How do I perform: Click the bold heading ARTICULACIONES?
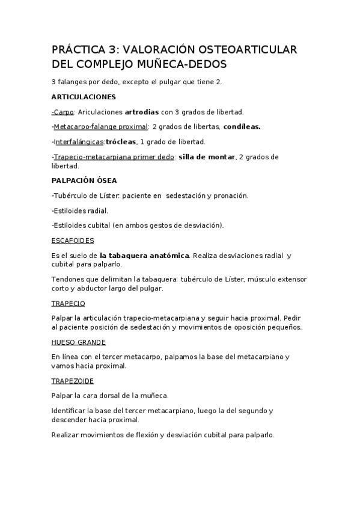pyautogui.click(x=84, y=96)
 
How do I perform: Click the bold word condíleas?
pyautogui.click(x=242, y=127)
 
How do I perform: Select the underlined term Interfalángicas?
pyautogui.click(x=79, y=142)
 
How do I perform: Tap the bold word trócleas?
pyautogui.click(x=121, y=142)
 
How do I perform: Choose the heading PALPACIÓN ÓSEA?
pyautogui.click(x=84, y=180)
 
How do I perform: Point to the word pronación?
pyautogui.click(x=228, y=195)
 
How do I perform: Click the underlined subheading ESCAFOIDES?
pyautogui.click(x=73, y=241)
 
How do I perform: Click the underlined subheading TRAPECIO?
pyautogui.click(x=69, y=303)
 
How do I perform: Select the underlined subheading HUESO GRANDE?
pyautogui.click(x=79, y=342)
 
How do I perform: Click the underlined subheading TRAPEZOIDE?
pyautogui.click(x=73, y=381)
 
